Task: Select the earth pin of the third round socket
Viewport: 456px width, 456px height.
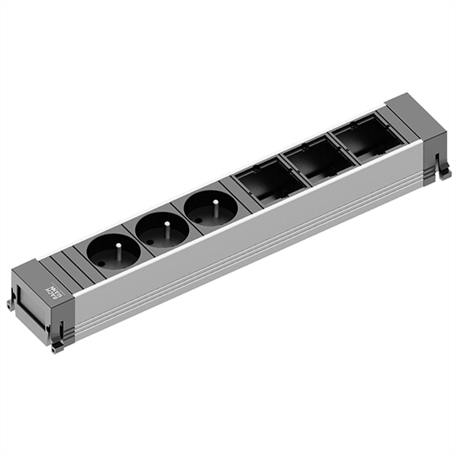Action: pyautogui.click(x=215, y=208)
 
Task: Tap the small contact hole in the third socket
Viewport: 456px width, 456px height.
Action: pyautogui.click(x=199, y=220)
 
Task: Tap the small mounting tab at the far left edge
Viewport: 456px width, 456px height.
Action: pyautogui.click(x=8, y=304)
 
